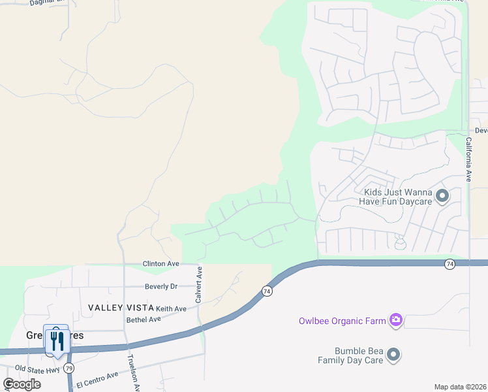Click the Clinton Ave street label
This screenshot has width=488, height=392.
160,264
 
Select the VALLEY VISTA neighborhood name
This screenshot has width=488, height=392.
121,308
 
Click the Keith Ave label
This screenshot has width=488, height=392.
171,308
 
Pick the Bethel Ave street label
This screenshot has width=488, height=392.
144,319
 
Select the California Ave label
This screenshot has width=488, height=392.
468,159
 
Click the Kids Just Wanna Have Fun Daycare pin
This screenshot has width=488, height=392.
442,195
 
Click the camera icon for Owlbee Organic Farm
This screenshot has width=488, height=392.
395,320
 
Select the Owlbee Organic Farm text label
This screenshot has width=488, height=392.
342,321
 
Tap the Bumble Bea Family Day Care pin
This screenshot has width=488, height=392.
393,355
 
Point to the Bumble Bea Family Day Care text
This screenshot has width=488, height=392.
350,355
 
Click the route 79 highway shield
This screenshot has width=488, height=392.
69,368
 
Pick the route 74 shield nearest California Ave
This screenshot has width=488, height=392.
450,264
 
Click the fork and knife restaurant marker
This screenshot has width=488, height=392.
56,340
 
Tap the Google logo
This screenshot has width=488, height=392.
22,384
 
